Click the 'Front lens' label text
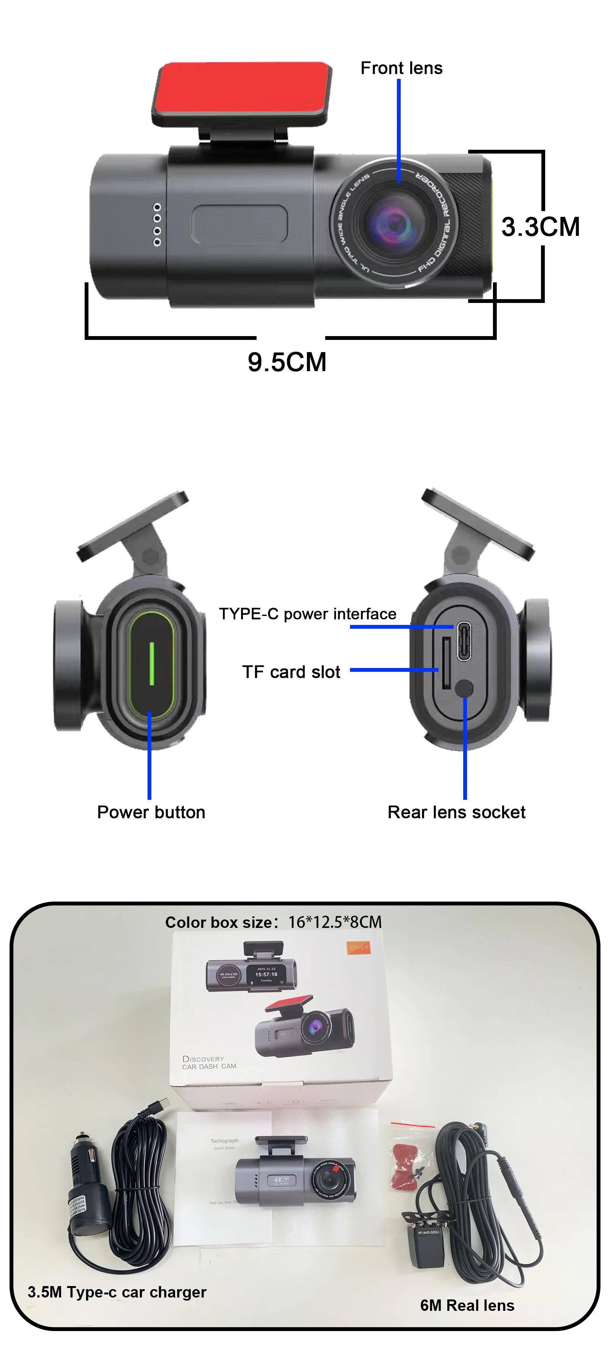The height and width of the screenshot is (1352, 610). pyautogui.click(x=401, y=68)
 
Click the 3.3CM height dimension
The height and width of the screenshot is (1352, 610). pyautogui.click(x=540, y=227)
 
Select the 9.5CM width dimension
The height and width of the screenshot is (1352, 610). pyautogui.click(x=287, y=362)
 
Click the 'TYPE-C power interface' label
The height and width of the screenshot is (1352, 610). pyautogui.click(x=307, y=614)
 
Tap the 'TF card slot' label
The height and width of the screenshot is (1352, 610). pyautogui.click(x=291, y=672)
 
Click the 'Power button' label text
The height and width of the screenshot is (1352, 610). pyautogui.click(x=151, y=812)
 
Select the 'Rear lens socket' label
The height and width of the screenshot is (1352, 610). pyautogui.click(x=456, y=812)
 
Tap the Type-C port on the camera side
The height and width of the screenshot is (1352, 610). pyautogui.click(x=464, y=640)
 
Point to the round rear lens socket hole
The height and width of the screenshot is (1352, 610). pyautogui.click(x=464, y=688)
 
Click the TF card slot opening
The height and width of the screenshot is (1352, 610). pyautogui.click(x=446, y=663)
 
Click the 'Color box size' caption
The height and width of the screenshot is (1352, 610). pyautogui.click(x=273, y=922)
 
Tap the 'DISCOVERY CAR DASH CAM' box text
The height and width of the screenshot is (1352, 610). pyautogui.click(x=209, y=1062)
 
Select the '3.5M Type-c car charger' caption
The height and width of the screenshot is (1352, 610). pyautogui.click(x=117, y=1292)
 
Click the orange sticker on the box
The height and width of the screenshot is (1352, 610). pyautogui.click(x=359, y=947)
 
